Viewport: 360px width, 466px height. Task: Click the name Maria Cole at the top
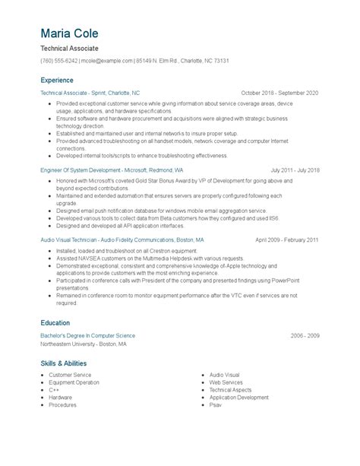[x=69, y=34]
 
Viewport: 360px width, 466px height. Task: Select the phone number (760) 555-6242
[x=59, y=60]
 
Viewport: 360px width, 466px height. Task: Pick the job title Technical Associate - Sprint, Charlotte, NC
[x=90, y=93]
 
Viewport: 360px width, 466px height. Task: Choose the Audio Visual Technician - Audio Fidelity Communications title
[x=122, y=239]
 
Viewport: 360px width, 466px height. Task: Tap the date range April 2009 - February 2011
[x=287, y=239]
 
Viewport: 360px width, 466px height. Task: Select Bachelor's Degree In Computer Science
[x=88, y=335]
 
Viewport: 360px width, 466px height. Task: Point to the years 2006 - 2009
[x=305, y=335]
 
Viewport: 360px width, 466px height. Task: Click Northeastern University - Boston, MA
[x=84, y=343]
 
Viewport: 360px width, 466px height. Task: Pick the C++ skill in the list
[x=54, y=389]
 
